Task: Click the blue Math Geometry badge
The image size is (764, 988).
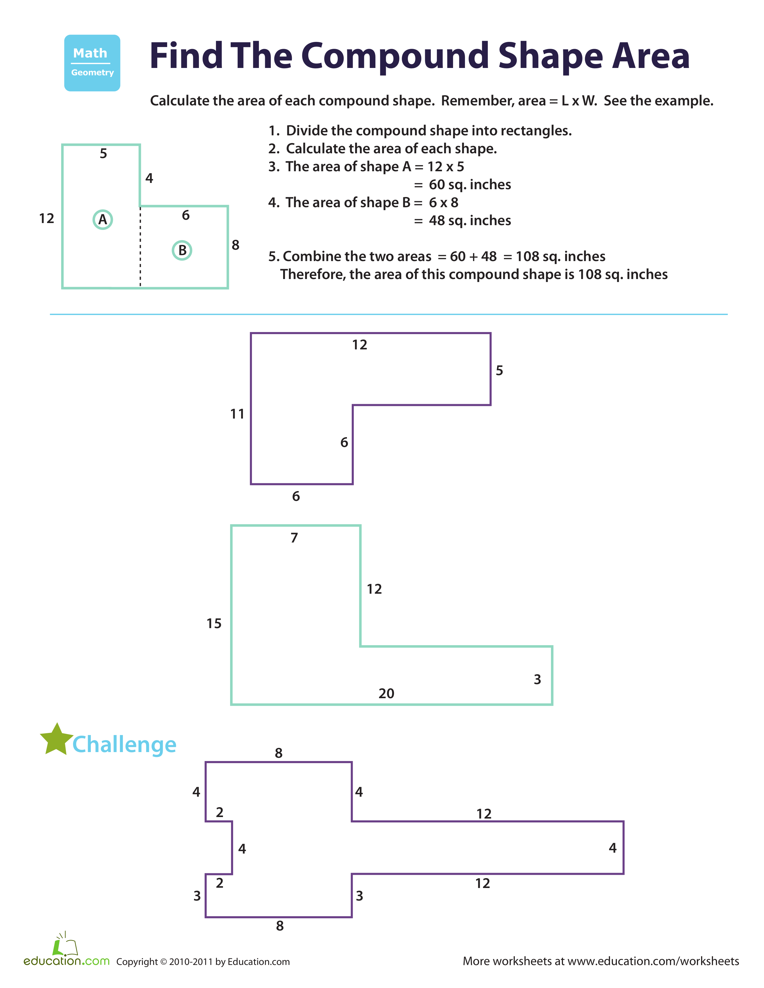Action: point(92,63)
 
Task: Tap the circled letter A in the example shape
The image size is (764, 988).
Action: point(103,219)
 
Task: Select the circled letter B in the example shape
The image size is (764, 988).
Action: point(182,250)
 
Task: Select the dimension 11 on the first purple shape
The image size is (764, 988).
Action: point(237,414)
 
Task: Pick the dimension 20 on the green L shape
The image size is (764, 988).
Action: point(386,693)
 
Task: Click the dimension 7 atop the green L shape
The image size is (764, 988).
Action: point(294,538)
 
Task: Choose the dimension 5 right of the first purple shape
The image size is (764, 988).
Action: point(499,371)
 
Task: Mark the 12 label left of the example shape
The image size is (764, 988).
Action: point(47,219)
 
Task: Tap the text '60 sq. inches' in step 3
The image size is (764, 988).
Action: point(470,184)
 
